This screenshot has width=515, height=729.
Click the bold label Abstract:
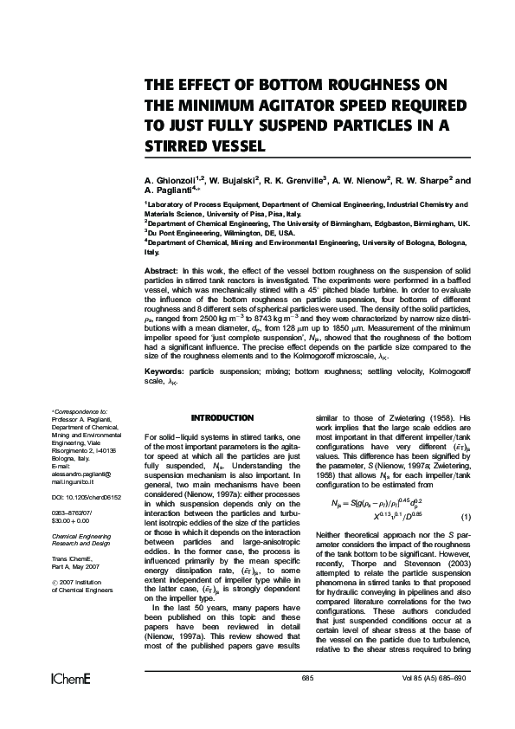[x=162, y=271]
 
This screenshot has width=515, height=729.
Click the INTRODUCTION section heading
[x=222, y=417]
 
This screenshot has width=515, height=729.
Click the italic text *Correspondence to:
[x=80, y=411]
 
